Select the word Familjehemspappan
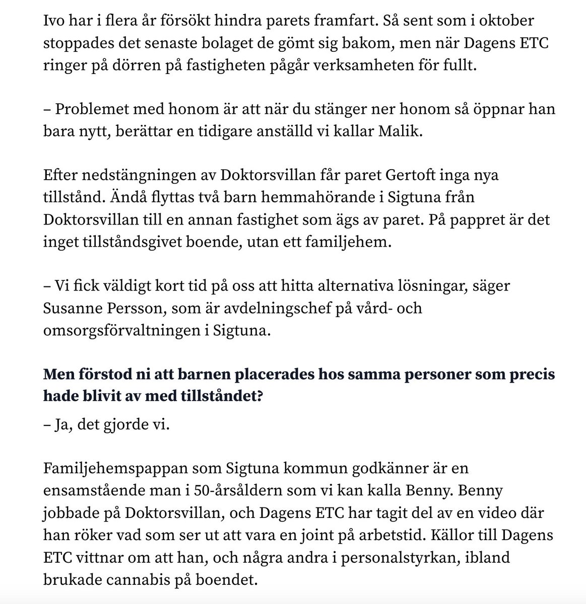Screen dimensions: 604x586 click(x=115, y=469)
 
